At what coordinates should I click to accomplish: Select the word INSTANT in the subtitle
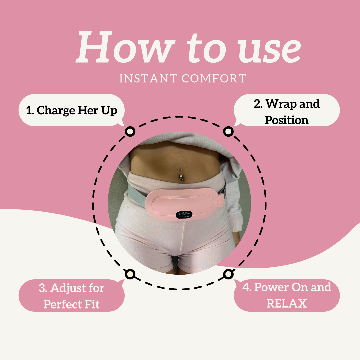click(148, 79)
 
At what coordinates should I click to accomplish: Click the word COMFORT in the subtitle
click(214, 79)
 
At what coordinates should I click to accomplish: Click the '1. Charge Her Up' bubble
click(71, 110)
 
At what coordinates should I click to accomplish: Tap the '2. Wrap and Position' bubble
click(287, 110)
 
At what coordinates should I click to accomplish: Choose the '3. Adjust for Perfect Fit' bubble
click(71, 295)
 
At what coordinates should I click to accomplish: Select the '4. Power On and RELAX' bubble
click(287, 295)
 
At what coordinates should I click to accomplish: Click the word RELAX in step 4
click(287, 303)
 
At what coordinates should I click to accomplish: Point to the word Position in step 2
click(287, 120)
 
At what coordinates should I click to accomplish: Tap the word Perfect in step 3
click(62, 304)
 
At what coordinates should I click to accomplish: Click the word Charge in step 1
click(56, 111)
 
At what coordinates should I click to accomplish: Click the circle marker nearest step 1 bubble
click(130, 132)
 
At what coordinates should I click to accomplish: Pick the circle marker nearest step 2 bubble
click(228, 132)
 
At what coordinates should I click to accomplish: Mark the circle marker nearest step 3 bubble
click(130, 274)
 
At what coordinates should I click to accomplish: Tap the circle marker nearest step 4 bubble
click(228, 274)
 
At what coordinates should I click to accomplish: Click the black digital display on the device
click(184, 214)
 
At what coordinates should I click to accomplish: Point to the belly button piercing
click(181, 175)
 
